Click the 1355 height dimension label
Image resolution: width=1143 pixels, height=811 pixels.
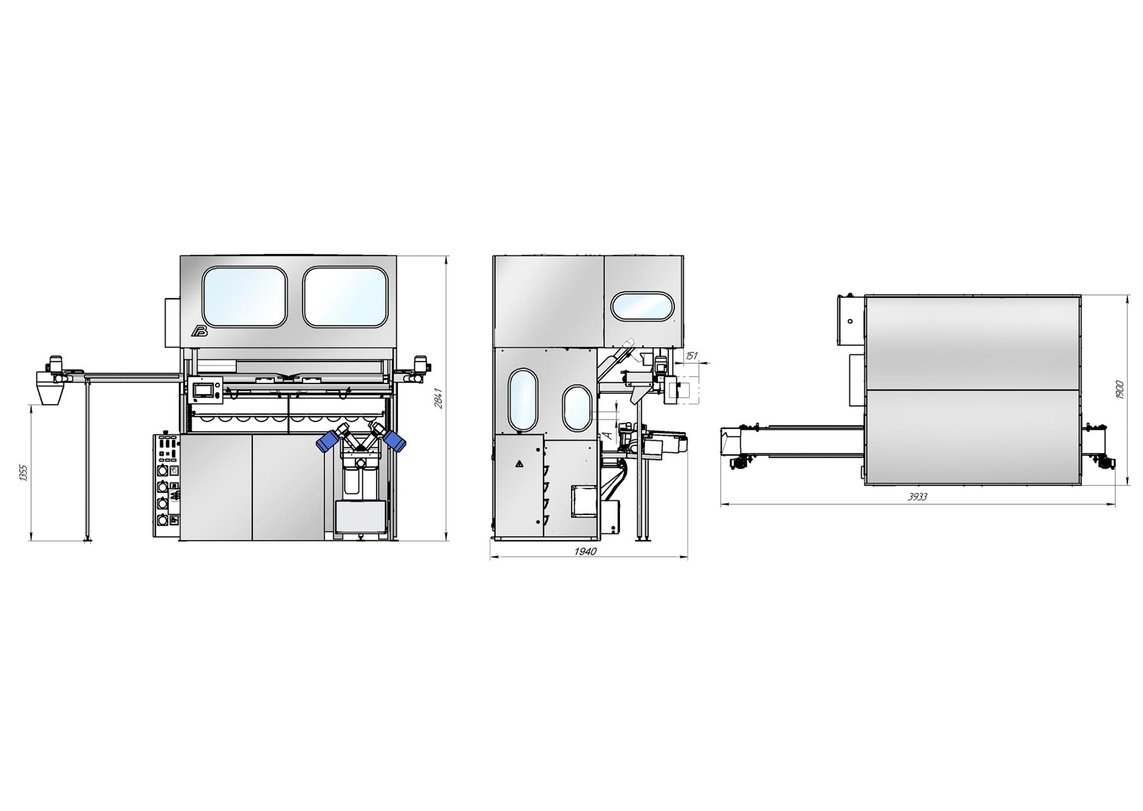coord(23,473)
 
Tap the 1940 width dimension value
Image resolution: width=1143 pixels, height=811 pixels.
coord(585,552)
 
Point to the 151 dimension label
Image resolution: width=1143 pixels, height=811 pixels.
coord(691,356)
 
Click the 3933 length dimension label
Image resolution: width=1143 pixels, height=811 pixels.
coord(917,497)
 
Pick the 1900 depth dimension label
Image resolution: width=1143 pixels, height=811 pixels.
coord(1120,389)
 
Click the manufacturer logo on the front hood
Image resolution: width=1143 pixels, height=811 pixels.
coord(199,332)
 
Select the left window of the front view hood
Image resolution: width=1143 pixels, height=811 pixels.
coord(244,297)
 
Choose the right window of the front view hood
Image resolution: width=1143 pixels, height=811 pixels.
coord(346,297)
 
